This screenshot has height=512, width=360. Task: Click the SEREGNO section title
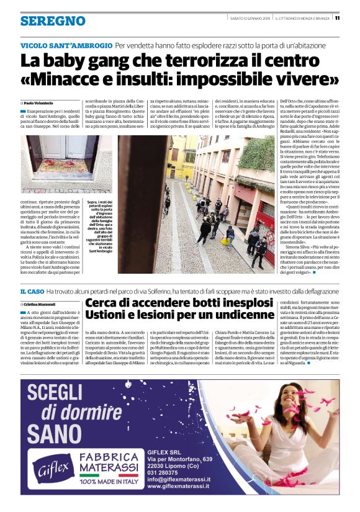point(53,21)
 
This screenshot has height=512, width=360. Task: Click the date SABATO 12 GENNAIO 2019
point(250,17)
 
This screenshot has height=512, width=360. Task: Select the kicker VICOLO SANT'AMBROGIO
point(66,45)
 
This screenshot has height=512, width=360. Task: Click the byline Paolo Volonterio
point(41,102)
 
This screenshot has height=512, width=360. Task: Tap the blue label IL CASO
point(32,291)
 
